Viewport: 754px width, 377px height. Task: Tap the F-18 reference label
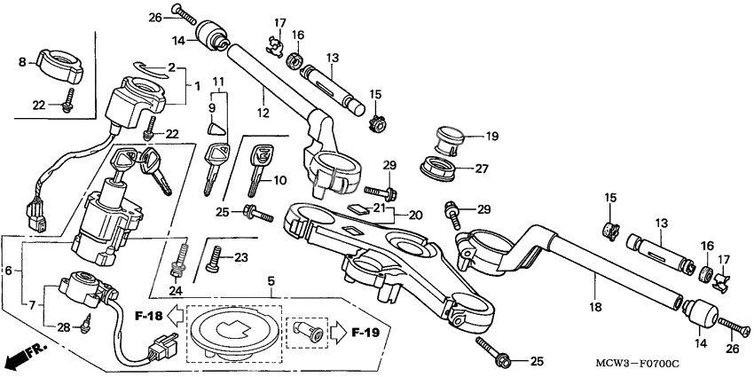(148, 315)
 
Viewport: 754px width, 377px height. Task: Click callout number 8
(23, 61)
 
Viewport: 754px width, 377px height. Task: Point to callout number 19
(493, 136)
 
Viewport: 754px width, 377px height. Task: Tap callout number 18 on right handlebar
(594, 307)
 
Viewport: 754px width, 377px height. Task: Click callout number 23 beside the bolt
(240, 257)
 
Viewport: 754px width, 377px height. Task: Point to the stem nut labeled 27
(444, 168)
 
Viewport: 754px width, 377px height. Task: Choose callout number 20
(416, 215)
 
